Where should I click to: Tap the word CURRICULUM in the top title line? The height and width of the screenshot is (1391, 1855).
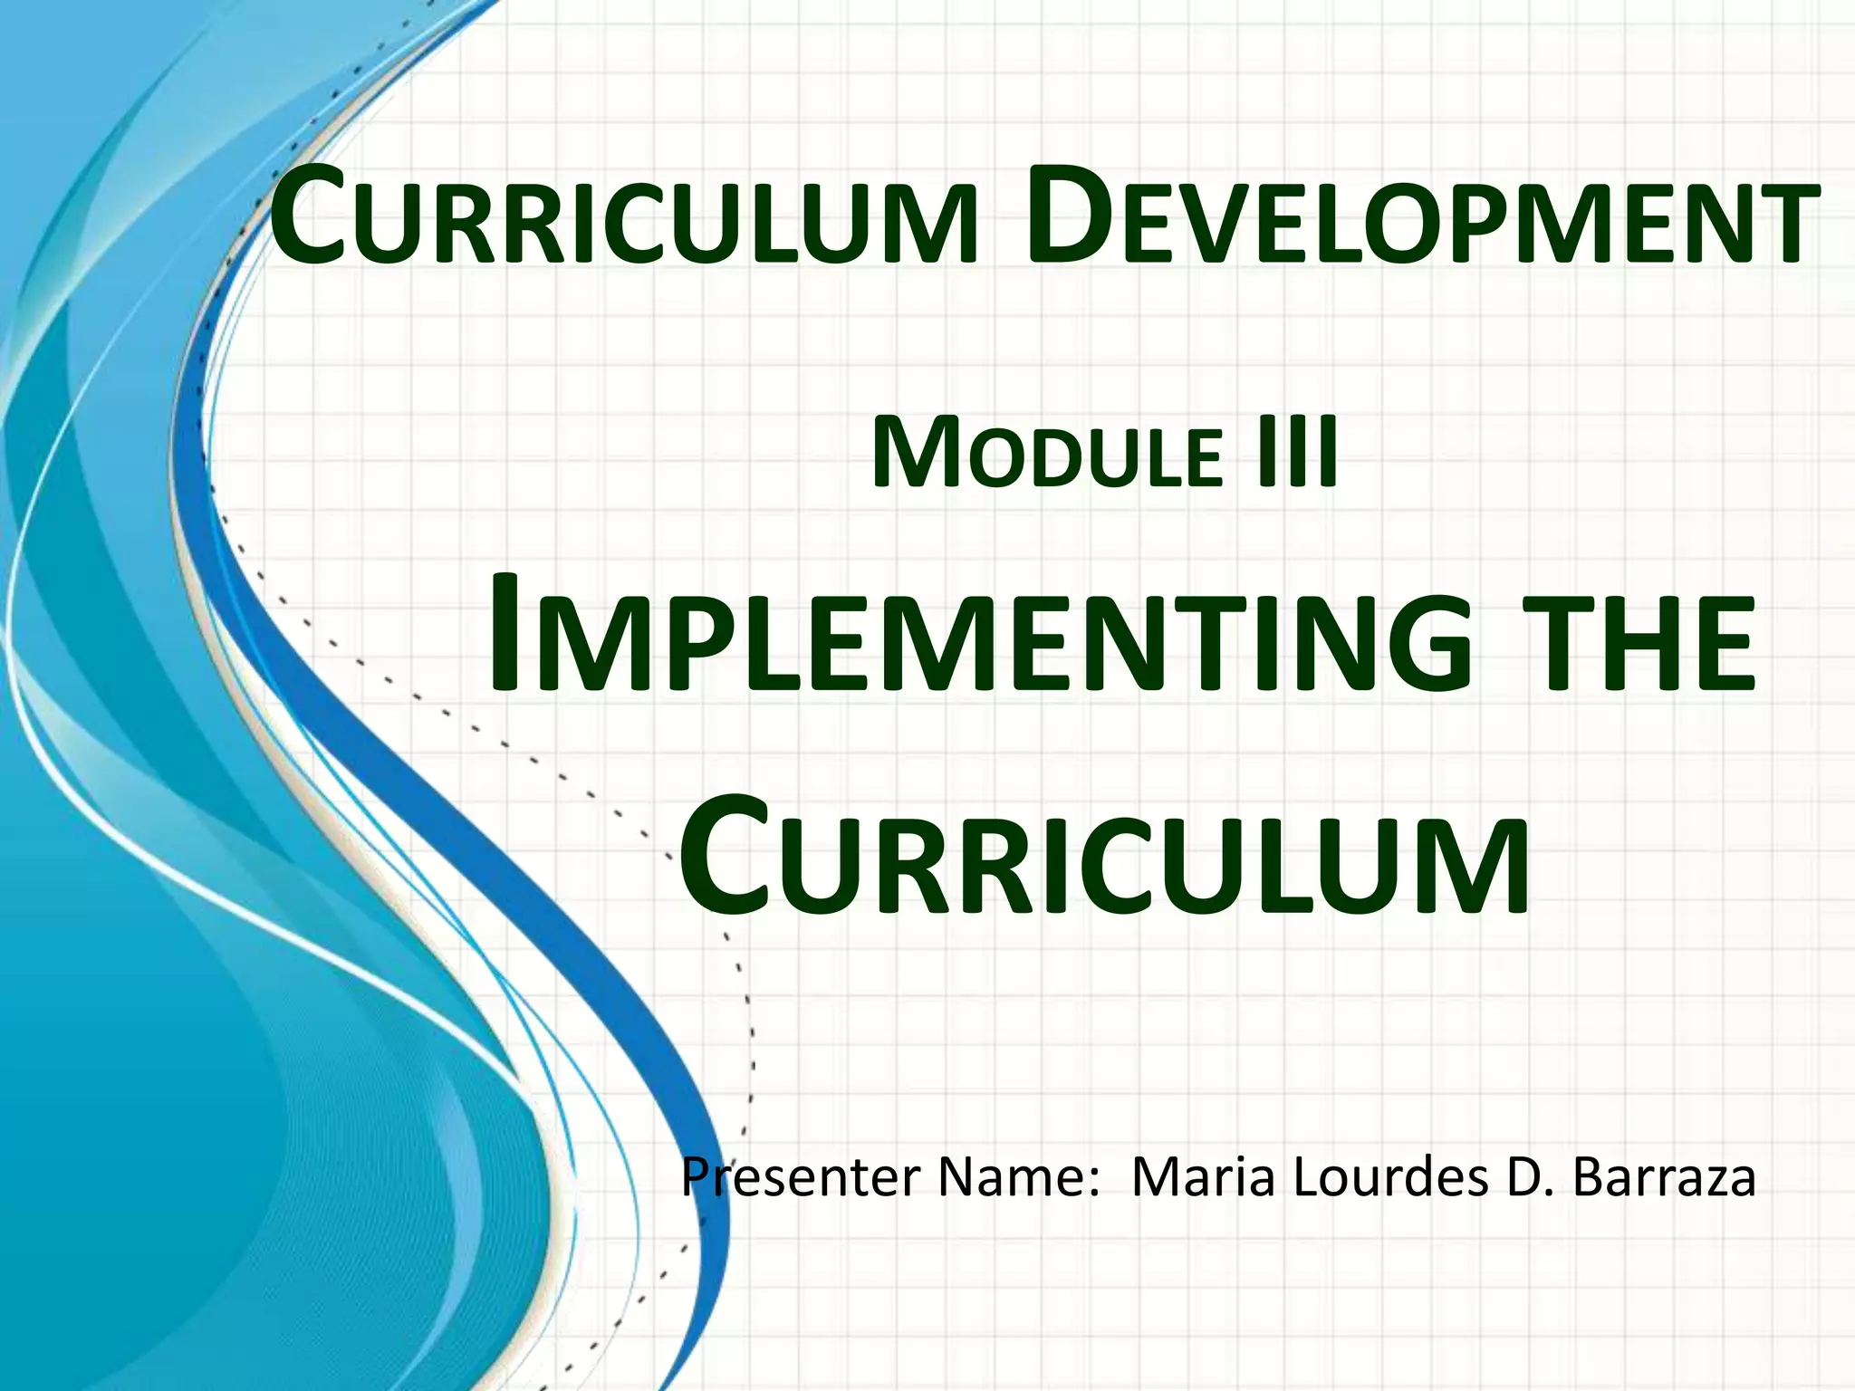(x=625, y=221)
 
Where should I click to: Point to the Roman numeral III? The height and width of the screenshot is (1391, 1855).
(x=1297, y=453)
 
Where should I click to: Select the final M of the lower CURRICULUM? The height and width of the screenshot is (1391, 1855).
(x=1467, y=865)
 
